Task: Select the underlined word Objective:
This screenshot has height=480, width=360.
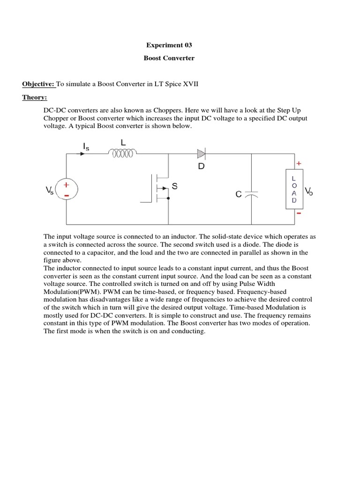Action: click(39, 84)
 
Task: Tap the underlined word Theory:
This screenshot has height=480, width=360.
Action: click(35, 97)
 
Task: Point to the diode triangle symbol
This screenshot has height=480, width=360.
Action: click(201, 153)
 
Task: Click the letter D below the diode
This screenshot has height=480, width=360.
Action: click(202, 166)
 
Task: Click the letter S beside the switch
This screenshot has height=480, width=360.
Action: click(174, 187)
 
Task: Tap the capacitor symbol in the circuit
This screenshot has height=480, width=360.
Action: click(251, 194)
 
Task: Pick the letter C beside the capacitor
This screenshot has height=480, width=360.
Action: click(239, 194)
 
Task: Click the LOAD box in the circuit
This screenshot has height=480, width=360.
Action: click(294, 190)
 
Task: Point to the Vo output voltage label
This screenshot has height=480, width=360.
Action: click(309, 191)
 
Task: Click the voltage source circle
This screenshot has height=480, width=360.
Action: click(66, 190)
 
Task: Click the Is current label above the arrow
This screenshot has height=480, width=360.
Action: click(86, 147)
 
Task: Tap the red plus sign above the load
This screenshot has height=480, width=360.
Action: click(298, 163)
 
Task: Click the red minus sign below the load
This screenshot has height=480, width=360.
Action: click(298, 213)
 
